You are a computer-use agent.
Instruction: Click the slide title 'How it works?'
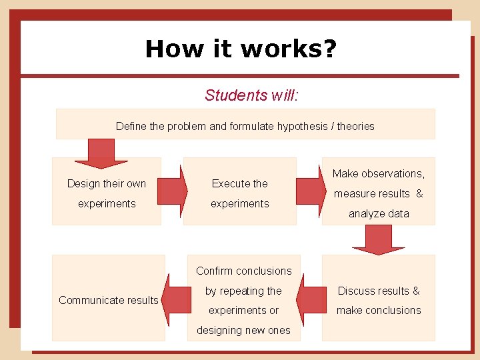tap(241, 49)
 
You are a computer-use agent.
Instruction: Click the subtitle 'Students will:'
tap(251, 95)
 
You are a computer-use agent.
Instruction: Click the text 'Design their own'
tap(107, 183)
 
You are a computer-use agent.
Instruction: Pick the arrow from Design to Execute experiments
tap(172, 192)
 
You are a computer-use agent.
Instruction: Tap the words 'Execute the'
tap(239, 183)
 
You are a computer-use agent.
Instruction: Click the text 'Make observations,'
tap(379, 173)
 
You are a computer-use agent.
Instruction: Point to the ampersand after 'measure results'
tap(419, 193)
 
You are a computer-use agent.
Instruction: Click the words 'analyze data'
tap(379, 213)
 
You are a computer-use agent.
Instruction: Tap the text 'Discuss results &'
tap(379, 291)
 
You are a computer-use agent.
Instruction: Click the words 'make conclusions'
tap(379, 310)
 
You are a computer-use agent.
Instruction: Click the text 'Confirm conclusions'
tap(244, 271)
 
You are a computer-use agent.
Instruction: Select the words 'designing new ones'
tap(244, 330)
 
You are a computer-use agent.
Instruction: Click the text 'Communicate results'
tap(109, 300)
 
